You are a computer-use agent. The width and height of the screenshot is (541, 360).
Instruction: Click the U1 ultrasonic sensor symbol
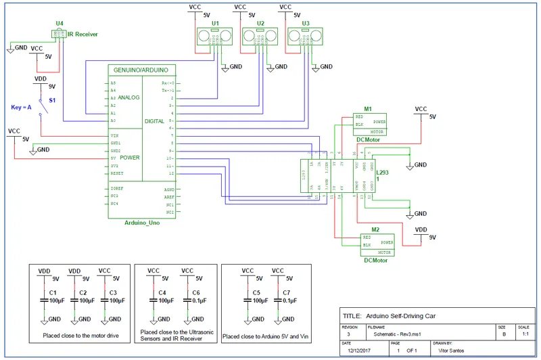click(x=216, y=35)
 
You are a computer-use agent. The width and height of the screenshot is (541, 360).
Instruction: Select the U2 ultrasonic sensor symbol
click(x=261, y=35)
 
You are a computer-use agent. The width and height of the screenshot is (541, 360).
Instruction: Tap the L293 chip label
click(x=383, y=173)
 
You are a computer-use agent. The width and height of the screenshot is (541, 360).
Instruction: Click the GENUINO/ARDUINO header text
click(x=142, y=70)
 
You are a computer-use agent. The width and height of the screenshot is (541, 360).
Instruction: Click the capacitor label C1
click(x=52, y=292)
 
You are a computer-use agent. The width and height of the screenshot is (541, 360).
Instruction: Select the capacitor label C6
click(x=196, y=292)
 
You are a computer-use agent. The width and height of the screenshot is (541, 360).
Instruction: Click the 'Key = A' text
click(x=22, y=108)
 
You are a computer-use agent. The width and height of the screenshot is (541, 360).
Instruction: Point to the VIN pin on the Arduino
click(x=115, y=135)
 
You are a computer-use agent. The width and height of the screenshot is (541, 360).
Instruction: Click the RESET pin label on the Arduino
click(x=117, y=173)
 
